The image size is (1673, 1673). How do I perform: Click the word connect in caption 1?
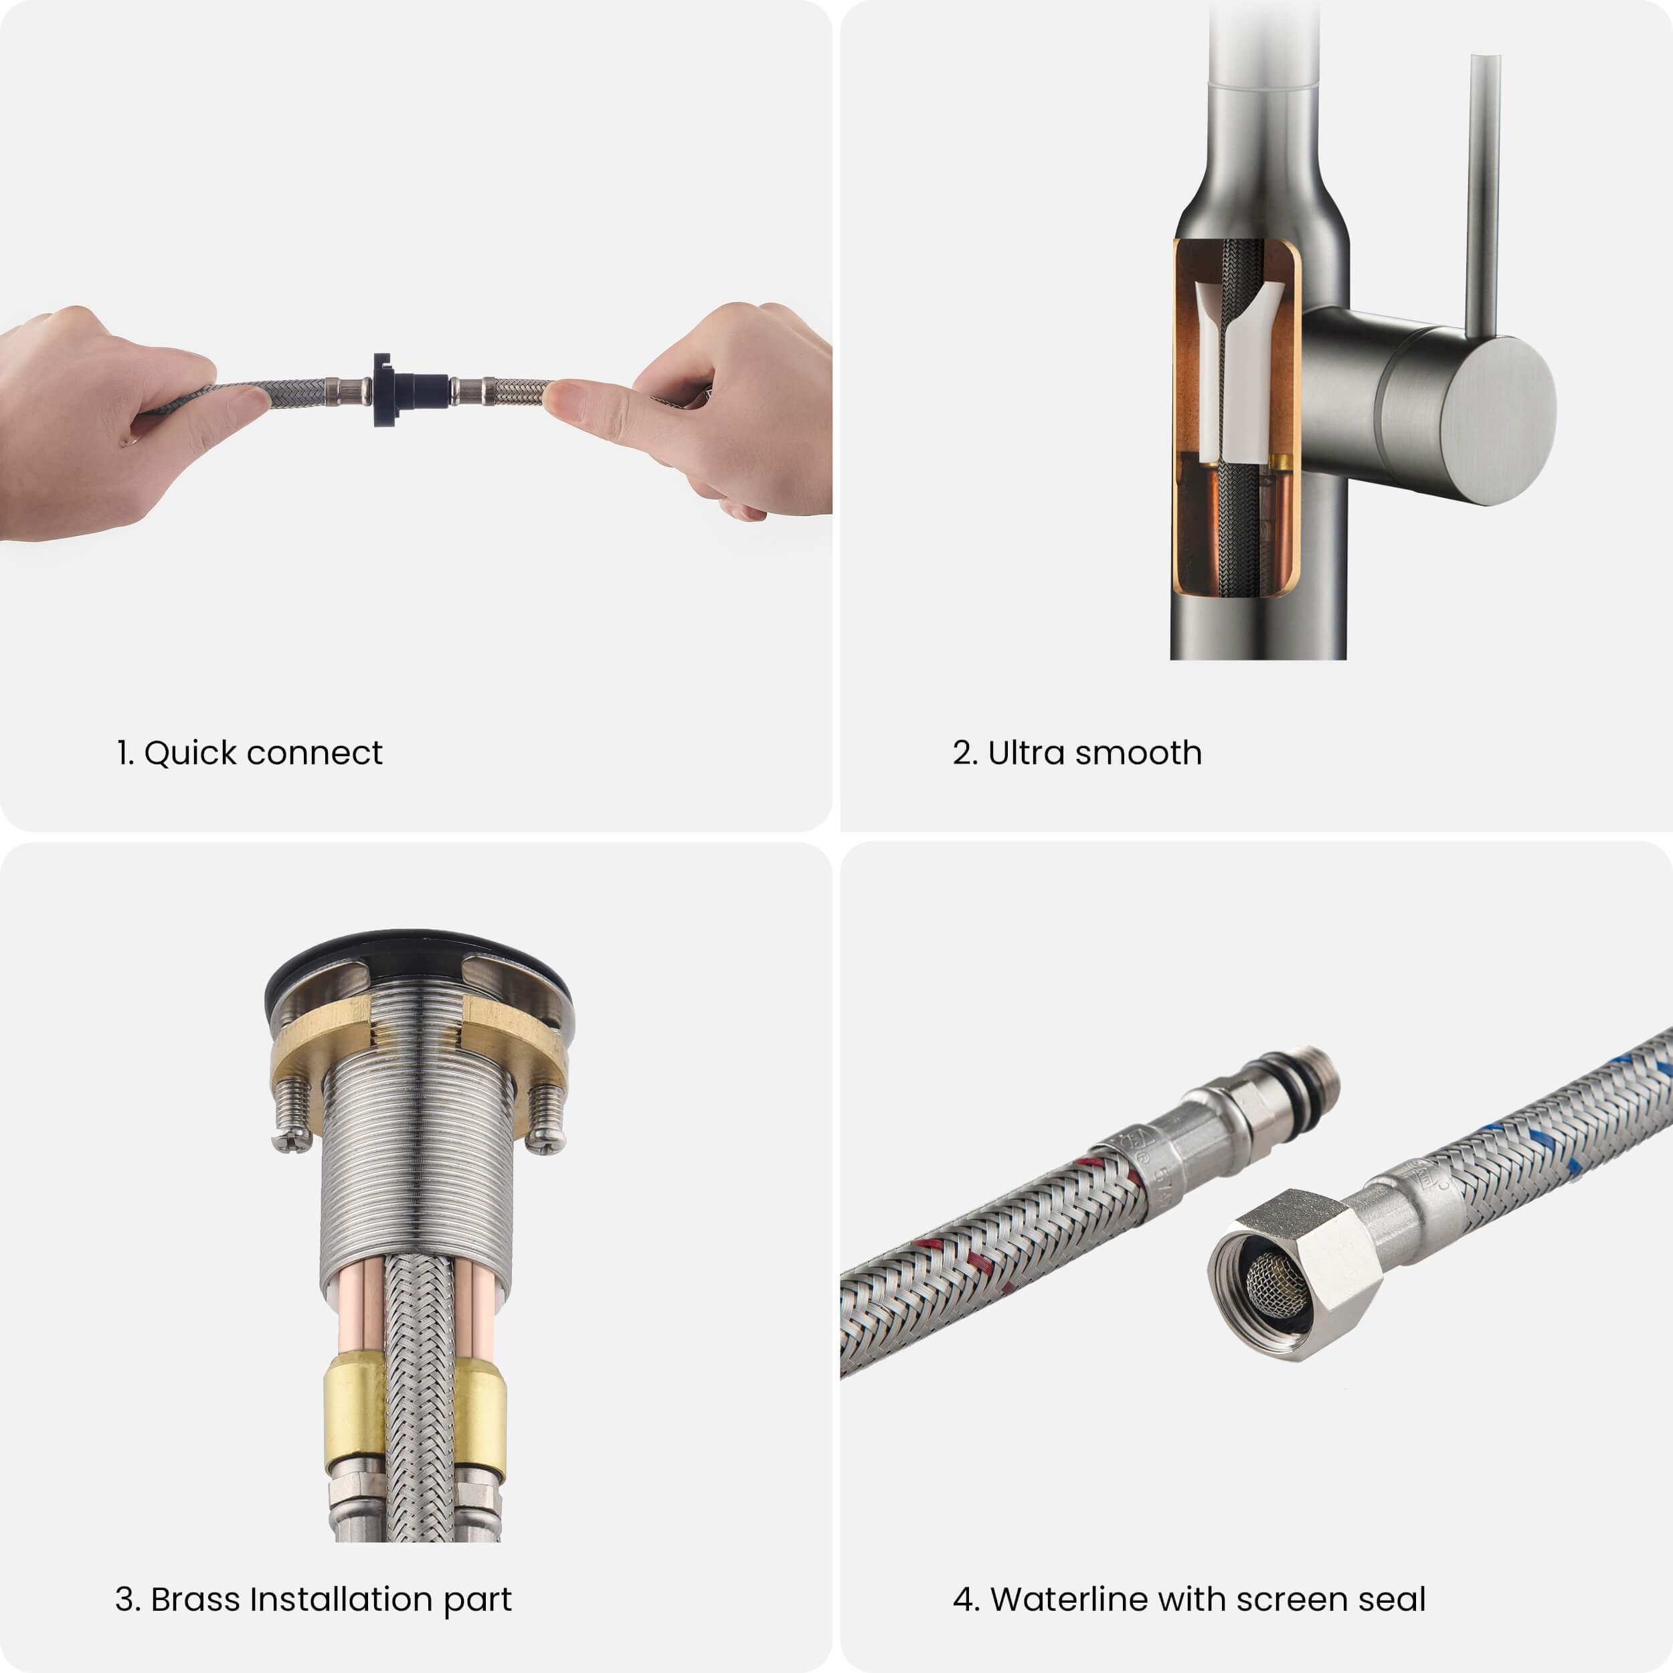click(x=315, y=754)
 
